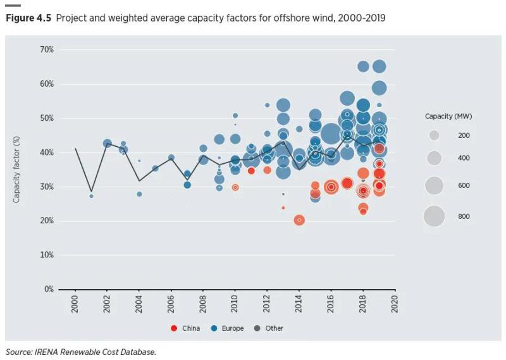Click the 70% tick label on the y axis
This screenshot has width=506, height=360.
point(46,49)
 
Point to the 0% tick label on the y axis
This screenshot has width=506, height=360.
point(48,289)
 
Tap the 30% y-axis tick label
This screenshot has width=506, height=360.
point(46,187)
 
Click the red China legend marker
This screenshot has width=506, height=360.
point(174,328)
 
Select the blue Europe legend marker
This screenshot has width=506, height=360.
point(214,328)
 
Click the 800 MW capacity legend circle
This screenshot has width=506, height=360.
point(434,216)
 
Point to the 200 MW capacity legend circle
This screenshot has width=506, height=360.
point(434,135)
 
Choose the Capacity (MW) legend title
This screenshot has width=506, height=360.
point(448,116)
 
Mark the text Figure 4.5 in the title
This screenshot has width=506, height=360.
point(28,18)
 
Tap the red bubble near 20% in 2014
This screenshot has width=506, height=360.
point(299,220)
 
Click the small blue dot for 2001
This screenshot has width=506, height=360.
point(91,196)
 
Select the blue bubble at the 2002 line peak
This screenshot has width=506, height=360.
point(108,144)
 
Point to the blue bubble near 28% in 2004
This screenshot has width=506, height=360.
point(139,194)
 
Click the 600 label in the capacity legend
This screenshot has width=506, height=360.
point(464,185)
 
